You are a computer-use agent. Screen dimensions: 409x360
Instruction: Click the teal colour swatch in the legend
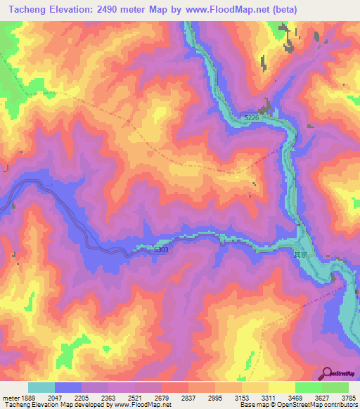(41, 387)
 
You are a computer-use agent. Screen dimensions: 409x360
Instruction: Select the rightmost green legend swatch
(335, 387)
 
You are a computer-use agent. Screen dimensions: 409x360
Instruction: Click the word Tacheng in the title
(25, 10)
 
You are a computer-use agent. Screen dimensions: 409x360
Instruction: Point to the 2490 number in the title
(103, 10)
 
